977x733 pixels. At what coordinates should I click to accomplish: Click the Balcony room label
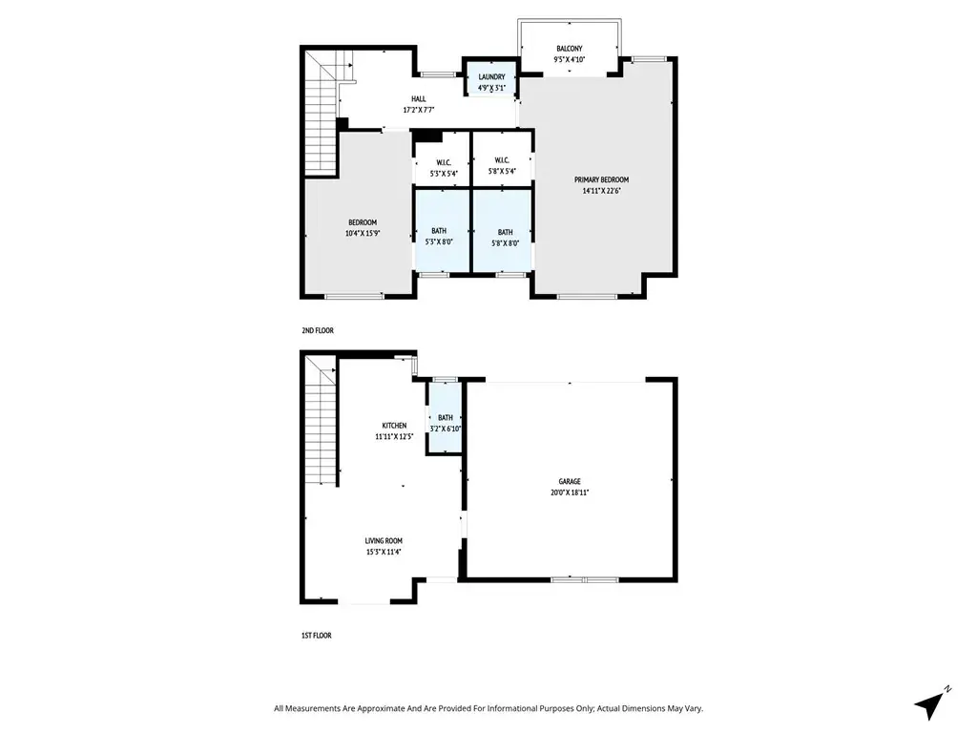tap(569, 49)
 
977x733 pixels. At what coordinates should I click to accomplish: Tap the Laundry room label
tap(491, 77)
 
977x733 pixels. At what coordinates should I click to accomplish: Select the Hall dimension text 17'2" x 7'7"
tap(419, 111)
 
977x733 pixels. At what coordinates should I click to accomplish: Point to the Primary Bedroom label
tap(601, 180)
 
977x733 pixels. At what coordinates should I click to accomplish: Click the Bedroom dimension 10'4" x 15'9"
tap(363, 234)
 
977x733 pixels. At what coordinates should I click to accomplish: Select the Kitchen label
tap(394, 426)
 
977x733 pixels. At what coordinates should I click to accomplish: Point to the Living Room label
tap(384, 541)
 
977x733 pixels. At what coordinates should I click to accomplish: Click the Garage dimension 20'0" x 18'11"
tap(570, 492)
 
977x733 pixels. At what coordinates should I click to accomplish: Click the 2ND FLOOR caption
tap(318, 330)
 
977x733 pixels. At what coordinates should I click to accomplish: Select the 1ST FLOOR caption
tap(317, 636)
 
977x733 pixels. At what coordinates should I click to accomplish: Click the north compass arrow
tap(929, 705)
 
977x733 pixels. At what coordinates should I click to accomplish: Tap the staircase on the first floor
tap(322, 420)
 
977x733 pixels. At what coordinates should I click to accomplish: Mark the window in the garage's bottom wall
tap(585, 579)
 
